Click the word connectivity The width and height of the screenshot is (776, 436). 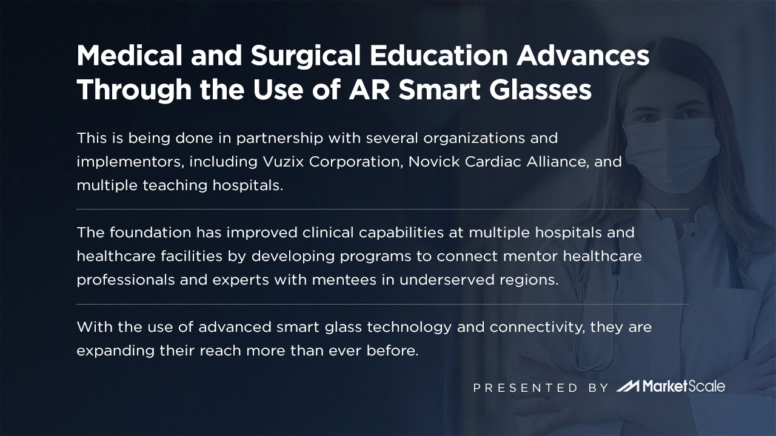[x=533, y=328]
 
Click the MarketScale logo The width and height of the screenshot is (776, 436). [x=671, y=386]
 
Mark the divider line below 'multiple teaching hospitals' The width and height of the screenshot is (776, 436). [x=383, y=209]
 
